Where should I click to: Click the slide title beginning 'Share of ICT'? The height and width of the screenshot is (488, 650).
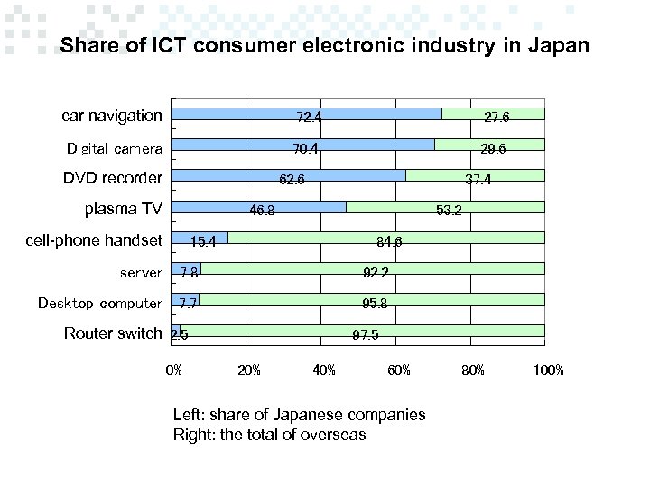pos(324,45)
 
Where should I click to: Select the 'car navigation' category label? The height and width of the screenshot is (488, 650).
pos(112,116)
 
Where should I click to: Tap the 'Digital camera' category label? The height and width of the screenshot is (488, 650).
pos(115,148)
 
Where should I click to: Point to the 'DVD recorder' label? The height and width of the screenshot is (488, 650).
pos(113,178)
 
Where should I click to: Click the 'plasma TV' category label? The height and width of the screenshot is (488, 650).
pos(123,210)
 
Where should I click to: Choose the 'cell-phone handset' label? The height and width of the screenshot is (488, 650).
pos(94,240)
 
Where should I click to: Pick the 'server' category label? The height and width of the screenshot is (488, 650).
pos(141,272)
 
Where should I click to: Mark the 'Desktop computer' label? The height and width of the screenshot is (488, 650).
pos(100,303)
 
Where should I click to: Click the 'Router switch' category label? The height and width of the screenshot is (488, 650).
pos(113,333)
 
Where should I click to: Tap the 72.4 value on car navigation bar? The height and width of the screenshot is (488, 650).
pos(311,117)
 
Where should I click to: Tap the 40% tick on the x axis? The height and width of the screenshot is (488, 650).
pos(323,370)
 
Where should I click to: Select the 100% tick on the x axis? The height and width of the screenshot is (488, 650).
pos(548,370)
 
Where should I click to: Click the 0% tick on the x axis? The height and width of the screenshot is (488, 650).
pos(173,370)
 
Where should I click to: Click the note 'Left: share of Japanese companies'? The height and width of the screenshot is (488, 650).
pos(299,415)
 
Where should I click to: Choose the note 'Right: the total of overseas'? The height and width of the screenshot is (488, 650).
pos(269,435)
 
